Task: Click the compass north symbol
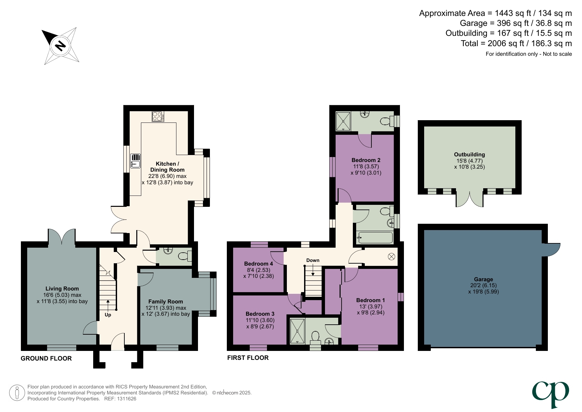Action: (60, 45)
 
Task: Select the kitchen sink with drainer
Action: (135, 161)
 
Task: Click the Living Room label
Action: (62, 288)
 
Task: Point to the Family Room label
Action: (165, 301)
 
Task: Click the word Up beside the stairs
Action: (108, 315)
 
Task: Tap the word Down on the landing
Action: (313, 260)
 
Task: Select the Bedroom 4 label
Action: (258, 264)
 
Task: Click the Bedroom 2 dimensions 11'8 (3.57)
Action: (366, 166)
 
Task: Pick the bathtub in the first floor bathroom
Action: (375, 238)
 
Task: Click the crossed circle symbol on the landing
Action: (391, 257)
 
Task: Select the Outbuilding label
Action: (469, 154)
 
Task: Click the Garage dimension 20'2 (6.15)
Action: (483, 285)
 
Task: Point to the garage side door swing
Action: (551, 249)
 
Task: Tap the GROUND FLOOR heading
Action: (46, 358)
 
